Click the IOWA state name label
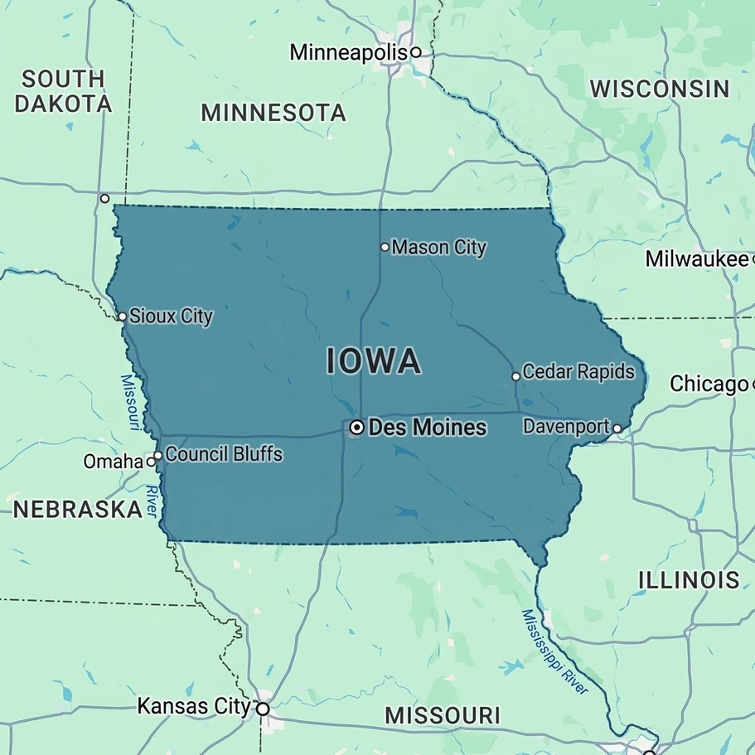click(374, 362)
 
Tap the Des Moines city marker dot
click(356, 428)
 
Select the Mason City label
click(438, 247)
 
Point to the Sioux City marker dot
click(122, 317)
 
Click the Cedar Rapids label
click(578, 372)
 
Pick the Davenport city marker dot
click(617, 428)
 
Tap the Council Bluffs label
click(224, 454)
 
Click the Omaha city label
click(113, 462)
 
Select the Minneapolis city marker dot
click(416, 52)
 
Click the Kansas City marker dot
click(263, 709)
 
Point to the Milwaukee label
click(696, 259)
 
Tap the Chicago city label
click(709, 385)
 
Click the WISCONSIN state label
click(660, 89)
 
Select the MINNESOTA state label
click(273, 113)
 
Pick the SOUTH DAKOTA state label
click(63, 91)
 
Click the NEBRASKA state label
click(77, 509)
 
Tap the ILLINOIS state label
click(689, 580)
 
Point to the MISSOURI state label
click(443, 714)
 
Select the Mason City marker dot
click(385, 247)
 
